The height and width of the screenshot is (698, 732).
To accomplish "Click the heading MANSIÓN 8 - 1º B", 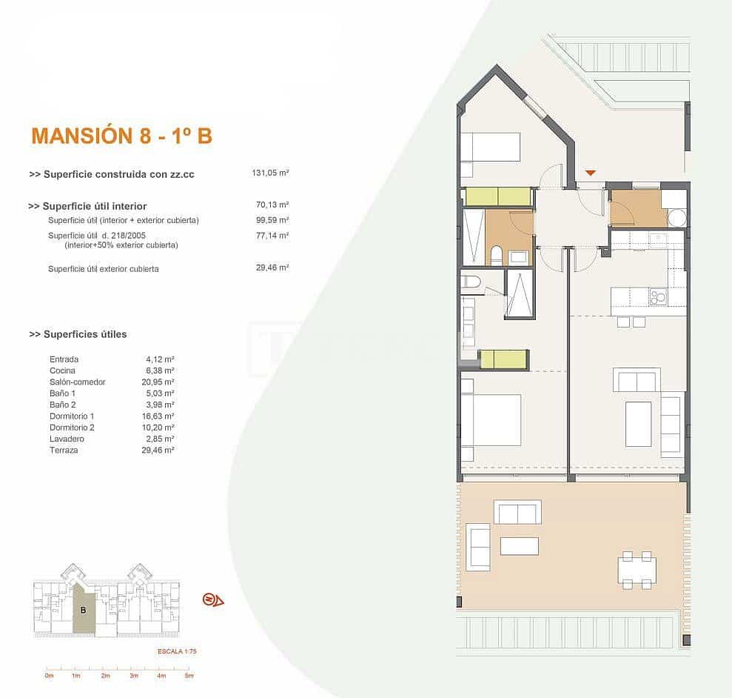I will pyautogui.click(x=121, y=136).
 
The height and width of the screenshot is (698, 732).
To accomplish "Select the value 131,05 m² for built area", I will pyautogui.click(x=270, y=173).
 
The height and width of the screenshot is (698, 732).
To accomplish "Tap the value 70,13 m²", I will pyautogui.click(x=272, y=205).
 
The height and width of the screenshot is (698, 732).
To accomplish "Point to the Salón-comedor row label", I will pyautogui.click(x=77, y=382).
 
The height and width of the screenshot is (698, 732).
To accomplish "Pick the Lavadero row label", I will pyautogui.click(x=65, y=439).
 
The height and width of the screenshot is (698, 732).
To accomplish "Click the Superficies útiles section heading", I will pyautogui.click(x=78, y=334).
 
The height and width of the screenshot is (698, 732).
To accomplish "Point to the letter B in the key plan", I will pyautogui.click(x=84, y=611).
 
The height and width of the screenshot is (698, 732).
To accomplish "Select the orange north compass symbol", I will pyautogui.click(x=212, y=599).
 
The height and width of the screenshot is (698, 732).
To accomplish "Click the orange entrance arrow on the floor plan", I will pyautogui.click(x=590, y=173).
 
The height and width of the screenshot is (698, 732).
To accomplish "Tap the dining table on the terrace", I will pyautogui.click(x=637, y=570).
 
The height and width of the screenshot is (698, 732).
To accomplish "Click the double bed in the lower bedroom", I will pyautogui.click(x=491, y=420).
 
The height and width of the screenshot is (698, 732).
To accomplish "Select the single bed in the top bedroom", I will pyautogui.click(x=490, y=147).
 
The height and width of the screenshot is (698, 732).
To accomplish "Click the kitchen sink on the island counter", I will pyautogui.click(x=657, y=297).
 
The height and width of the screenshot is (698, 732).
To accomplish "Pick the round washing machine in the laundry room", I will pyautogui.click(x=676, y=218).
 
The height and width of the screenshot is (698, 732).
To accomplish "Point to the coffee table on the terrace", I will pyautogui.click(x=519, y=546).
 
